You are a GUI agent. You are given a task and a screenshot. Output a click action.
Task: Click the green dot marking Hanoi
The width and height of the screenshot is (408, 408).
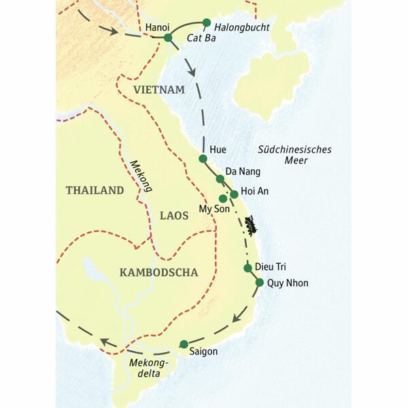tap(168, 37)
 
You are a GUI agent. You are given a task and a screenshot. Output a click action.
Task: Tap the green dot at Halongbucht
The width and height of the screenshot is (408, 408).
tap(207, 22)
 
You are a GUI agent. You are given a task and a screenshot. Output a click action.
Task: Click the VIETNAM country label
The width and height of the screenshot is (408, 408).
tap(159, 90)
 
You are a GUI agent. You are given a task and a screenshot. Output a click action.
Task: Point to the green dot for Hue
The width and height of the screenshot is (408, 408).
tap(203, 158)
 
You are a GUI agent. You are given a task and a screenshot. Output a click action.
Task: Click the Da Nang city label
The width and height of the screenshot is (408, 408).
tap(243, 171)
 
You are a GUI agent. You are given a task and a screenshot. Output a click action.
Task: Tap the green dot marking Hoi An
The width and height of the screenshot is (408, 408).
tap(234, 194)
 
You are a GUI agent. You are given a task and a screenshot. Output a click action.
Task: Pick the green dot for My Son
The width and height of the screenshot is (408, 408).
tap(223, 199)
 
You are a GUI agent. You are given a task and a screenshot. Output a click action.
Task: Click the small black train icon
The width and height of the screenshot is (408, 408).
tap(252, 222)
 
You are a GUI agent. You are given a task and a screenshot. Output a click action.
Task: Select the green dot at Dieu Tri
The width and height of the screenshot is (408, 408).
tap(248, 267)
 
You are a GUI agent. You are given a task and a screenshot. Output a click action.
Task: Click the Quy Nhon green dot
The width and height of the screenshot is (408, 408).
tap(260, 283)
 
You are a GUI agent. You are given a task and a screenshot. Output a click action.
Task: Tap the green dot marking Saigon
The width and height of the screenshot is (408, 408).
tap(183, 344)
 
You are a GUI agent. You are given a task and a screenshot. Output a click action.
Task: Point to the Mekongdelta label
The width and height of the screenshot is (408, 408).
tap(146, 368)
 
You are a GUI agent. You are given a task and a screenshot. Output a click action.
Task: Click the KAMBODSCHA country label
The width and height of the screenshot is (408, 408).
tap(158, 273)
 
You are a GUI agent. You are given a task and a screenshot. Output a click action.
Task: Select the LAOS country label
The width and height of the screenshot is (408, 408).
tap(173, 216)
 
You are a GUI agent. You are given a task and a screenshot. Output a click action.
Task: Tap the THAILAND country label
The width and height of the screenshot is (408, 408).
tap(95, 190)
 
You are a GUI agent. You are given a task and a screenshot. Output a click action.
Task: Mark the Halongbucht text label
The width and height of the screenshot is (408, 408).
tap(242, 27)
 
